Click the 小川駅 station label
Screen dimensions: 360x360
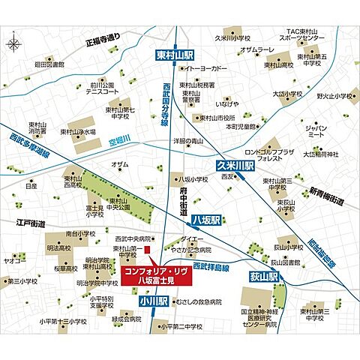tap(153, 301)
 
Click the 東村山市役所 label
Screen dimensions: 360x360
tap(215, 118)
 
